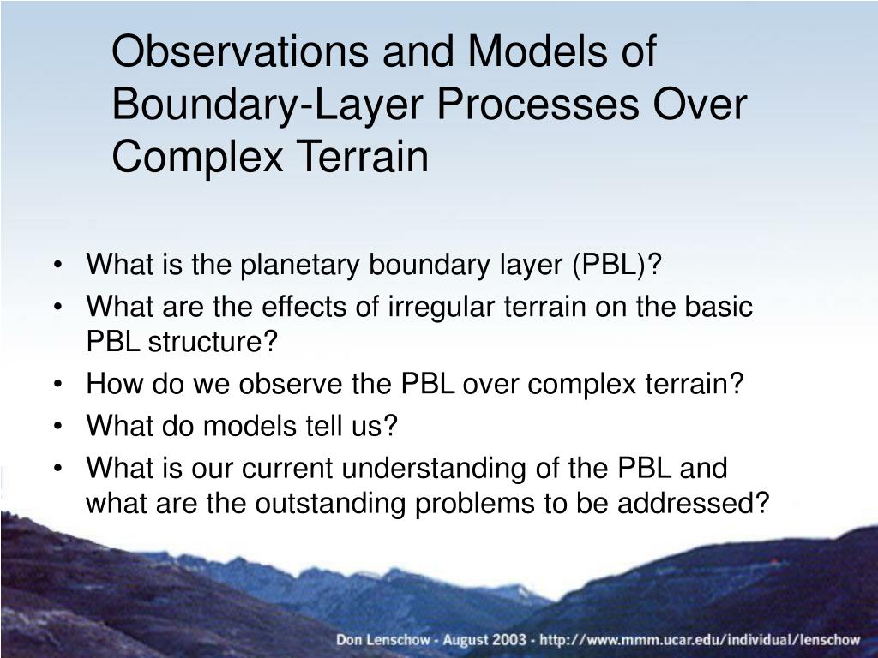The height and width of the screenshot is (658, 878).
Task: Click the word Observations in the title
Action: [x=241, y=51]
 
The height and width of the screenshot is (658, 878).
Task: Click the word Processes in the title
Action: [x=537, y=105]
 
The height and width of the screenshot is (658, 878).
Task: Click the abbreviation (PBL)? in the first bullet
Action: [x=616, y=264]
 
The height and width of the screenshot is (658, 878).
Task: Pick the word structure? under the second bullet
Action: [x=213, y=341]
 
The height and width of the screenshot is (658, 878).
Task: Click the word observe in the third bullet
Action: [x=291, y=384]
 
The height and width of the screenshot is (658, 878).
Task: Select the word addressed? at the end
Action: [x=694, y=503]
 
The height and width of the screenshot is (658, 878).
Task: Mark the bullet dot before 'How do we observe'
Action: [x=58, y=385]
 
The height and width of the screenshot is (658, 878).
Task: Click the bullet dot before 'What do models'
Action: [x=58, y=427]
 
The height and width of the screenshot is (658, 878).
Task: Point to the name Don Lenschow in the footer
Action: [x=383, y=639]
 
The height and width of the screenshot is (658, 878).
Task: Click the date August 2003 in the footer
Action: [x=484, y=639]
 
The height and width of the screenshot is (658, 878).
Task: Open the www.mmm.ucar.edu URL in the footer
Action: [x=700, y=639]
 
